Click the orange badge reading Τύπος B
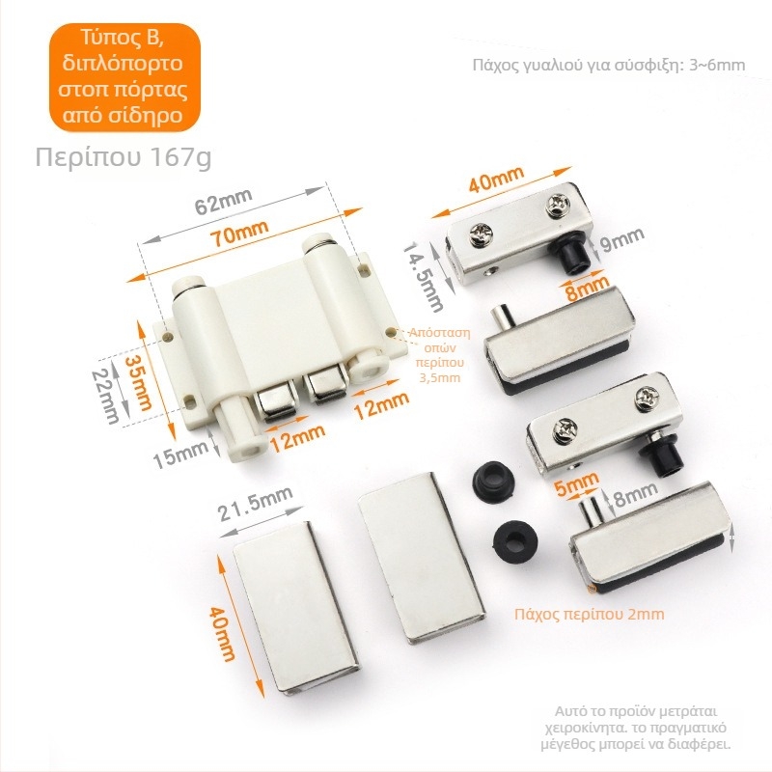(124, 77)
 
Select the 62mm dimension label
(224, 201)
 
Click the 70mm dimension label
(239, 234)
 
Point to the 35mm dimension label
(139, 382)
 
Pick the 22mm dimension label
(106, 397)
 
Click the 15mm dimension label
(179, 455)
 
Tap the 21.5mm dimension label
(256, 503)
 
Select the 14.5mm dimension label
(424, 277)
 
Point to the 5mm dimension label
(576, 483)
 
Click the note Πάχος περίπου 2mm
(590, 614)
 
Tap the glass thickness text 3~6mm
(717, 65)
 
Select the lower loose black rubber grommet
(515, 540)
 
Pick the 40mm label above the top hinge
(496, 179)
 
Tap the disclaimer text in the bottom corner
(635, 728)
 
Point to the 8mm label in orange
(587, 289)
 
